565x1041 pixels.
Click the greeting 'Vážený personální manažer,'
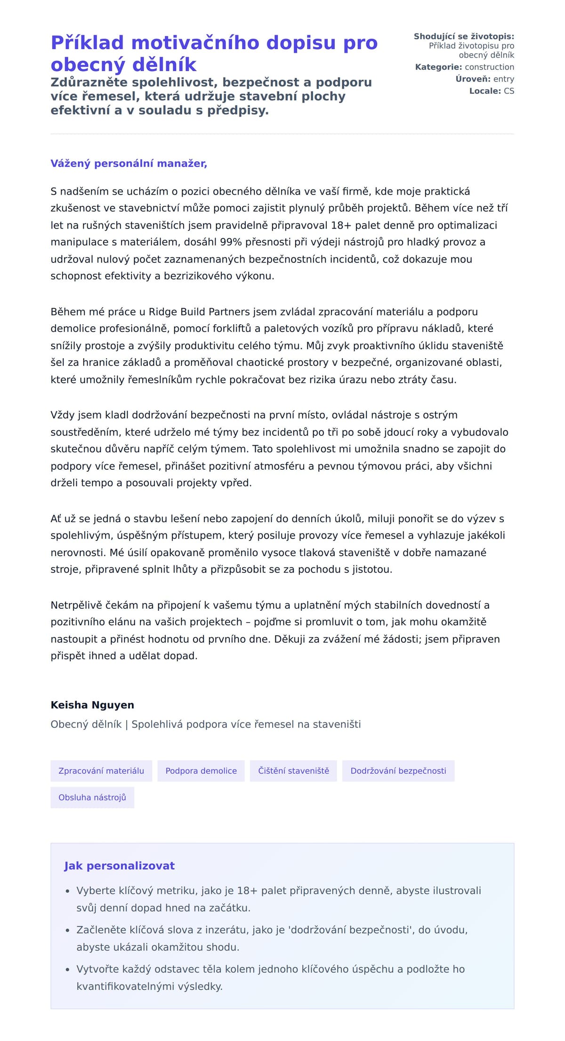pyautogui.click(x=129, y=164)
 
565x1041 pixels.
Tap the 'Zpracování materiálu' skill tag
pyautogui.click(x=101, y=771)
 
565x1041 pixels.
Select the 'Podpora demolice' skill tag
pyautogui.click(x=201, y=771)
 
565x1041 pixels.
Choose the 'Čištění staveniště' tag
pyautogui.click(x=293, y=771)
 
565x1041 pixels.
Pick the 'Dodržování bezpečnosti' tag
pyautogui.click(x=398, y=771)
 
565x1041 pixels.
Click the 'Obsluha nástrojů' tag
pyautogui.click(x=92, y=797)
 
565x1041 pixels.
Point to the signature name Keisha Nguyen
pyautogui.click(x=92, y=705)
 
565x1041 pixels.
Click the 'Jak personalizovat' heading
pyautogui.click(x=119, y=866)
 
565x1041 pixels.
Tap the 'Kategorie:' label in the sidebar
pyautogui.click(x=438, y=67)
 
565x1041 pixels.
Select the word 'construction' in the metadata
pyautogui.click(x=489, y=67)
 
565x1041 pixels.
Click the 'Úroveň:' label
pyautogui.click(x=473, y=79)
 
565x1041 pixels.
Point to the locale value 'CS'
pyautogui.click(x=509, y=91)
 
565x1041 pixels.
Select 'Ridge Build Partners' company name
pyautogui.click(x=199, y=312)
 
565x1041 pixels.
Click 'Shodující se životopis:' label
pyautogui.click(x=464, y=36)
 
